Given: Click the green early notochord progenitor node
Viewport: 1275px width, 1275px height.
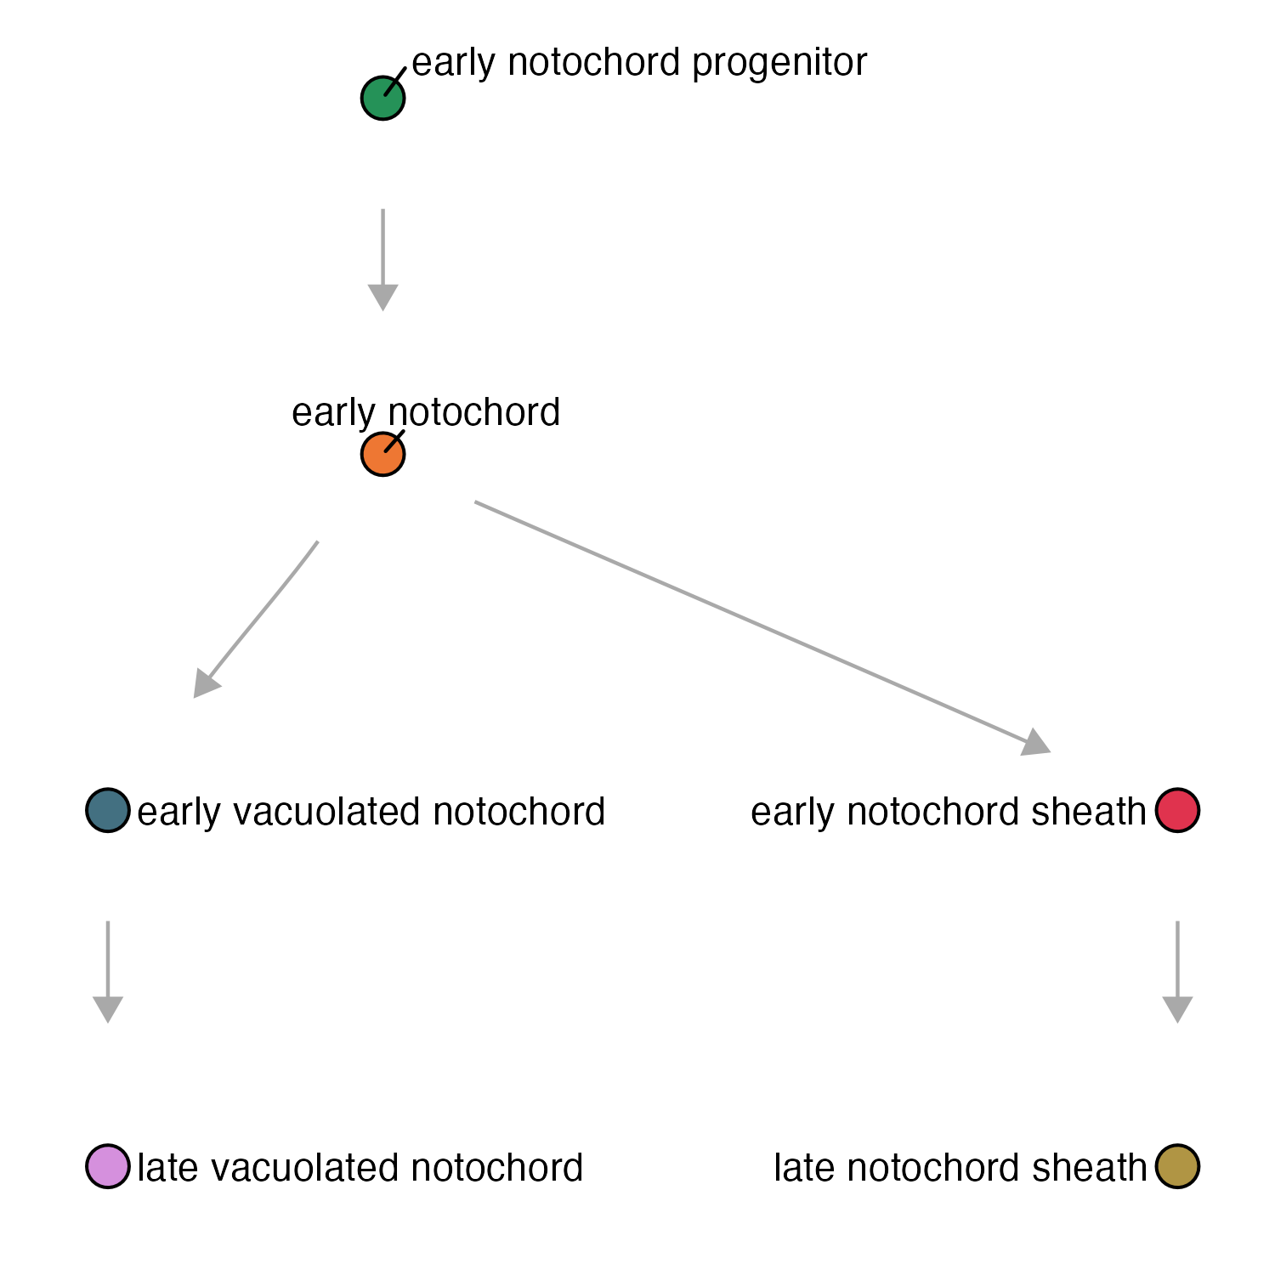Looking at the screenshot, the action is pos(382,98).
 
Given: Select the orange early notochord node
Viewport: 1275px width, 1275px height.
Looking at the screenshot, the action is pos(382,454).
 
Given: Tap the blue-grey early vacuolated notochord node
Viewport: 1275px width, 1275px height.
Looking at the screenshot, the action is pos(108,810).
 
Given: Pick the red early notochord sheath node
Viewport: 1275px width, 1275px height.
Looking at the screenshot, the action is pos(1177,810).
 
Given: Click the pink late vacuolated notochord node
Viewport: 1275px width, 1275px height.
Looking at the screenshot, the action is pos(108,1166).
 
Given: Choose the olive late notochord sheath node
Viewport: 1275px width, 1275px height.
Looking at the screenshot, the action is pos(1177,1166).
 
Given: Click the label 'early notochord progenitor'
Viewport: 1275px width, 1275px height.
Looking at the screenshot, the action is pos(639,63).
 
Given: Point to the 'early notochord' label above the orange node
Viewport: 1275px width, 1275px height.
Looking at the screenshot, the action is pos(426,413).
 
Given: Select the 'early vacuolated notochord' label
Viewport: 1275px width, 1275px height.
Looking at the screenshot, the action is pos(371,812).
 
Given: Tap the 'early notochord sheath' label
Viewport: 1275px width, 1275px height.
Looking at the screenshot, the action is pos(949,812).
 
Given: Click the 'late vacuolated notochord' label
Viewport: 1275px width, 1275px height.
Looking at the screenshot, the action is pos(360,1168).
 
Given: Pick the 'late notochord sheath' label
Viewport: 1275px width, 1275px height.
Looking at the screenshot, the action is pos(960,1168).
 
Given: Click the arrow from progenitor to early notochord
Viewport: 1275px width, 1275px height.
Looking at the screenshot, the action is pos(382,259).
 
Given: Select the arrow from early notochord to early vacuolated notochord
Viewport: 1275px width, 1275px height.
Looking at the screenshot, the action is pos(256,620).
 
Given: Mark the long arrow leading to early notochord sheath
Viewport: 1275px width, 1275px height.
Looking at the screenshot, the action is pos(762,627).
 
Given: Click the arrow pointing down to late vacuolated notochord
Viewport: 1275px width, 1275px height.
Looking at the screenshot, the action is pos(108,972).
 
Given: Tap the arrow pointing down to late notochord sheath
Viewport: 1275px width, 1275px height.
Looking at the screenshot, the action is pos(1177,972).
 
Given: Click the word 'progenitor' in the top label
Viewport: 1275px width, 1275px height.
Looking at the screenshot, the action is pos(779,65).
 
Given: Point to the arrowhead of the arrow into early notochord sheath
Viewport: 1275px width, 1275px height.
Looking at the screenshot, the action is pos(1037,743).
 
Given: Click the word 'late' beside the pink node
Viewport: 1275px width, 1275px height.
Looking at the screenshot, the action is pos(168,1168).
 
